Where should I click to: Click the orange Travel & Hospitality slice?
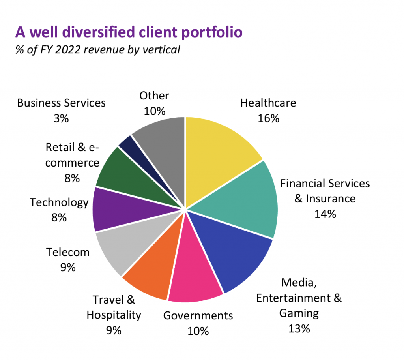click(x=152, y=272)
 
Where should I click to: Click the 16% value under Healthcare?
click(x=268, y=118)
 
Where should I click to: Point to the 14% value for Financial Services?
click(x=325, y=214)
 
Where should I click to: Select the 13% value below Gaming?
click(x=299, y=328)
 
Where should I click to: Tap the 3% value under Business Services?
click(x=61, y=118)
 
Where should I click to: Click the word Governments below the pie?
click(x=198, y=315)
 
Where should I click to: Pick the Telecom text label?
click(x=68, y=252)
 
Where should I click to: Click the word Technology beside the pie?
click(x=59, y=202)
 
